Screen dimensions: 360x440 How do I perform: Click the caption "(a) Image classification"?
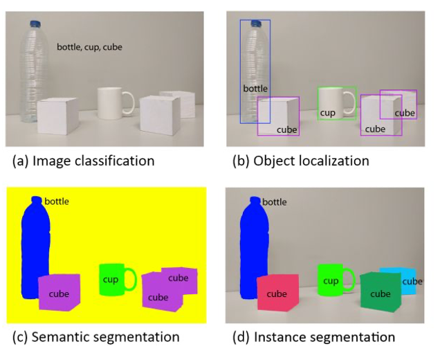pos(83,161)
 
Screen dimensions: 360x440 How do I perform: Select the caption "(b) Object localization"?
pos(300,161)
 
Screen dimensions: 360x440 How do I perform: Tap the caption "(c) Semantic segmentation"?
pos(95,338)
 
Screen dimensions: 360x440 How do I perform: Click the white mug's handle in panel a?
pos(128,102)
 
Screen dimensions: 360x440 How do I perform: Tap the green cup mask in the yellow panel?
pos(111,280)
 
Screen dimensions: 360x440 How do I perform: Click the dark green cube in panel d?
pos(380,292)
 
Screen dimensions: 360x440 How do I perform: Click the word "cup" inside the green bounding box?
pos(328,113)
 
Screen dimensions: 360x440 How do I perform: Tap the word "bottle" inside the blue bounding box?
pos(255,89)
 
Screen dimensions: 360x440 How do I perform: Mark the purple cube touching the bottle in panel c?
pos(59,293)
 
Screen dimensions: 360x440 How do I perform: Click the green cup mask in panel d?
pos(331,280)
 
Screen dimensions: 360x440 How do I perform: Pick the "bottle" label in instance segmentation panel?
pos(275,202)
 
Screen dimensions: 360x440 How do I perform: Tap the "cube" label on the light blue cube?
pos(412,282)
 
